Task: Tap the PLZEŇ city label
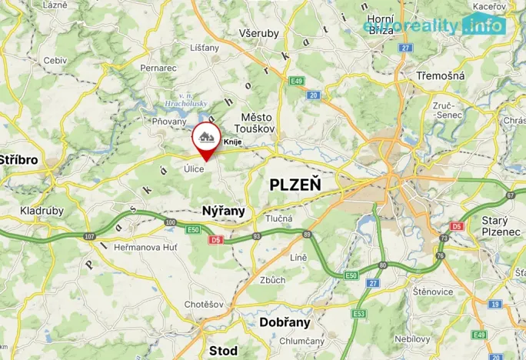click(x=295, y=185)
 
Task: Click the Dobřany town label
click(x=285, y=322)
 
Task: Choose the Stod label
click(x=223, y=350)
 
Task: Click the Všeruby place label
click(x=259, y=34)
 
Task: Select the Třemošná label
click(x=440, y=77)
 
